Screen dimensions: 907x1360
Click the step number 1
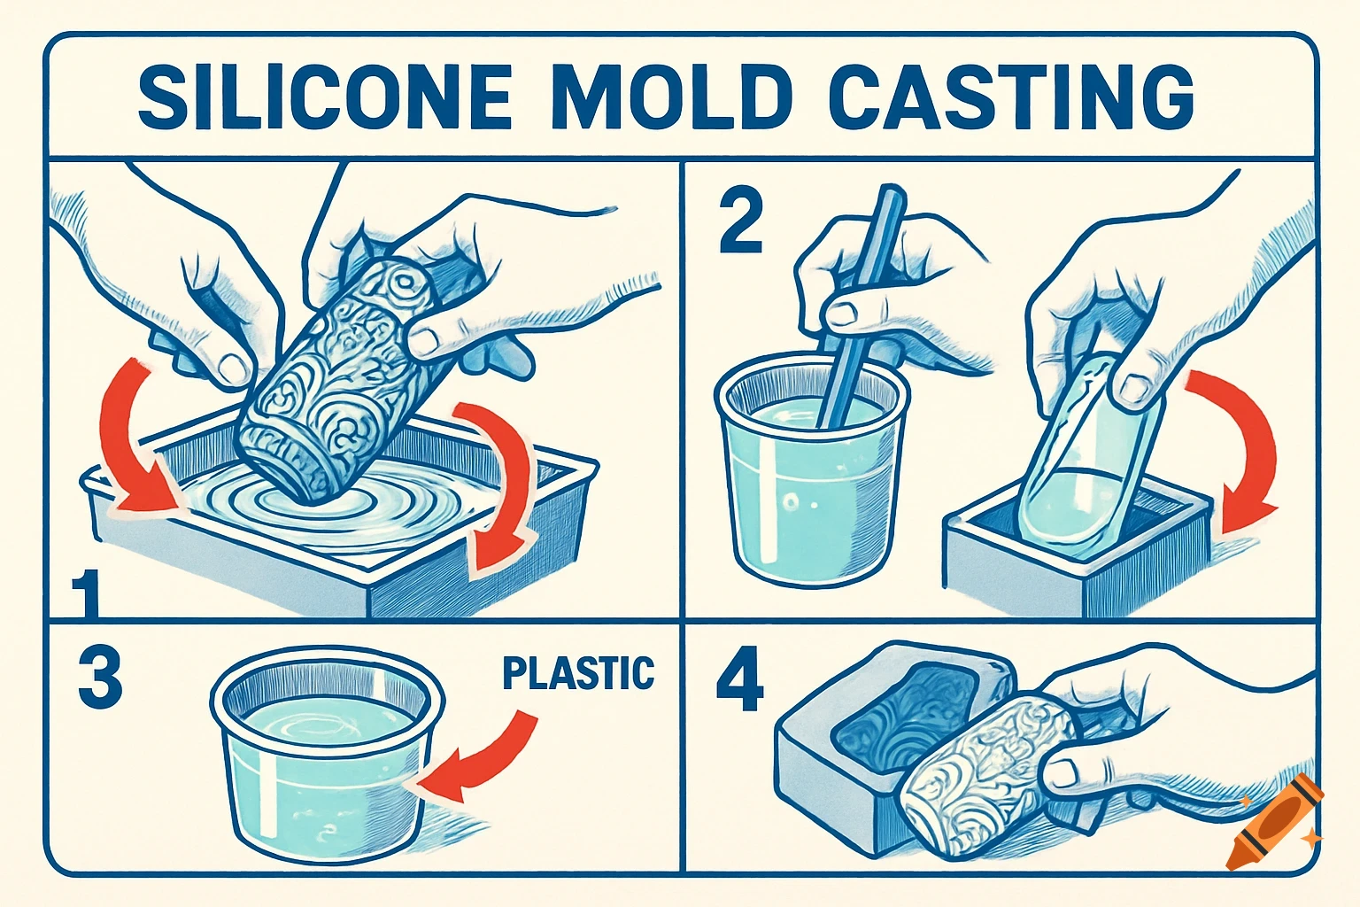click(86, 594)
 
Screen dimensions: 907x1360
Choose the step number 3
click(99, 678)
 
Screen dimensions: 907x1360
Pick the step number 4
click(739, 683)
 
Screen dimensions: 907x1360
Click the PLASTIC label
click(578, 673)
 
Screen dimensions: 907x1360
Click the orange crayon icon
click(1273, 822)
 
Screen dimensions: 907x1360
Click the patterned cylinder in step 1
click(336, 381)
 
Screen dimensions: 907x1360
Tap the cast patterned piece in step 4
click(983, 779)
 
